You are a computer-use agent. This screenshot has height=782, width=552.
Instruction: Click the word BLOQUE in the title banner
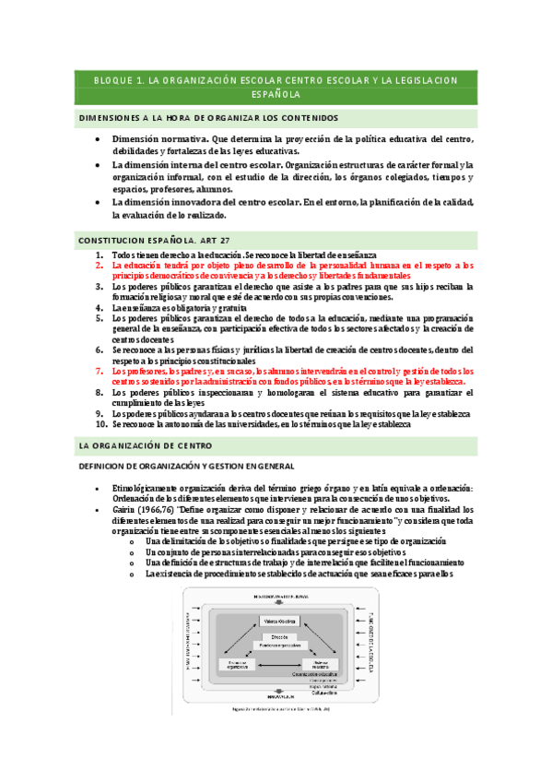115,81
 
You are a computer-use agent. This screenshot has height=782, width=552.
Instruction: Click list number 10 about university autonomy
101,425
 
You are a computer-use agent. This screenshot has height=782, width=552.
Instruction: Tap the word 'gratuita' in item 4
226,307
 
